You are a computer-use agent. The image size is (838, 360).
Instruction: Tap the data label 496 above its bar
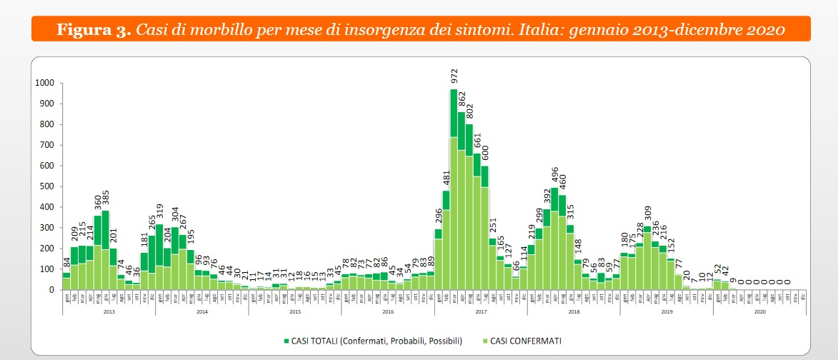point(554,174)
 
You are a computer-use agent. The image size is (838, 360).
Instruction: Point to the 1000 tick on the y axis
point(44,83)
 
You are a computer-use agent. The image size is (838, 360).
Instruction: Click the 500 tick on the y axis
point(47,186)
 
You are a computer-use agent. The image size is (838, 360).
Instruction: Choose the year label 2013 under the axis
point(109,311)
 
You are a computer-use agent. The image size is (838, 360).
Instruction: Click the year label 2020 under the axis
point(759,311)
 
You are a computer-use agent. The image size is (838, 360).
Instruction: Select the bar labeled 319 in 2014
point(159,257)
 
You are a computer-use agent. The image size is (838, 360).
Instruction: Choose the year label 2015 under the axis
point(294,311)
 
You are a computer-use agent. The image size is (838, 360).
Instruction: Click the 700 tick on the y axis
point(47,145)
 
